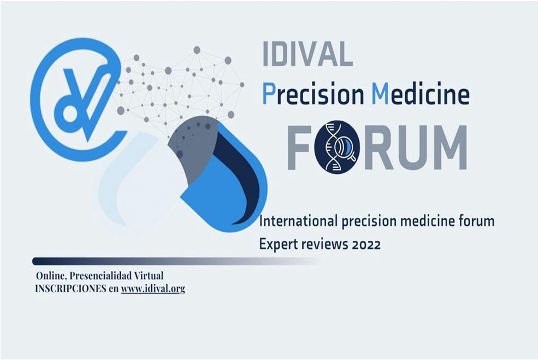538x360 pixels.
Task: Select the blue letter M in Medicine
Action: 380,94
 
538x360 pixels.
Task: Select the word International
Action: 295,222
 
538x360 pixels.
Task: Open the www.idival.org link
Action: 153,288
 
